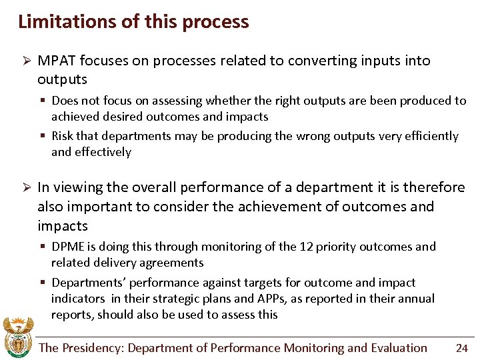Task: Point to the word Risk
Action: (62, 136)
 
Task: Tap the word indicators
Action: (78, 299)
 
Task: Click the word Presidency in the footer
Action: (93, 348)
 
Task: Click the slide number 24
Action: (461, 348)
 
